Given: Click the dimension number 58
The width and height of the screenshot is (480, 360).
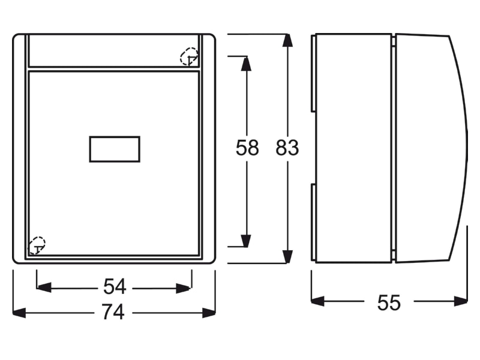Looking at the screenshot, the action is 247,148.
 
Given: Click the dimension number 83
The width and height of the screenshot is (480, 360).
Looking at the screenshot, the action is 287,148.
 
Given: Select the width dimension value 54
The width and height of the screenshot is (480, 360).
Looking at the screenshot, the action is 115,287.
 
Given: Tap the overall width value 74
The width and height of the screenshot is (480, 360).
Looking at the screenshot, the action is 113,311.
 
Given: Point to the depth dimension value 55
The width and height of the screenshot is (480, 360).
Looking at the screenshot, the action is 389,302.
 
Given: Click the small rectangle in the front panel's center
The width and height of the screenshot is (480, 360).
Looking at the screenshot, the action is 115,149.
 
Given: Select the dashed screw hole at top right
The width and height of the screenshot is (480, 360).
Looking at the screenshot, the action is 189,56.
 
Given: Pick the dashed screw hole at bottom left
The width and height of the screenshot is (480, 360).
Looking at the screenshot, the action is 37,245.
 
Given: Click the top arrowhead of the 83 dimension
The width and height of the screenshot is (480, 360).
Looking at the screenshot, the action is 287,40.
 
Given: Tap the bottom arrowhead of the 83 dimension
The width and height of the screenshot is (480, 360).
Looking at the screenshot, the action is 287,257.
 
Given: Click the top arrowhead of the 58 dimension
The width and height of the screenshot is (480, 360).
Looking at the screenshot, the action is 246,64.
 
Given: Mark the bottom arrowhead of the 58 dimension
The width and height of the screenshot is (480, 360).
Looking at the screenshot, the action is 246,241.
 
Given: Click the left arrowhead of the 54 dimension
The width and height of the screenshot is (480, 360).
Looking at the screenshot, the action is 44,288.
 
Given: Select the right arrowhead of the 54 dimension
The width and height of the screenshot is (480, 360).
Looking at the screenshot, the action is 184,289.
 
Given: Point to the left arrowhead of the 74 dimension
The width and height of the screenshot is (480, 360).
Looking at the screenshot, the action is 19,313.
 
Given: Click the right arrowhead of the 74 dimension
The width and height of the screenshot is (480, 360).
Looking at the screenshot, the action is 209,313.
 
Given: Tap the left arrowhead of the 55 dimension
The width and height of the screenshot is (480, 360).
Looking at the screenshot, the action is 318,301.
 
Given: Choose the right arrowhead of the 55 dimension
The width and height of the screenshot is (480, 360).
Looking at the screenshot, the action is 461,301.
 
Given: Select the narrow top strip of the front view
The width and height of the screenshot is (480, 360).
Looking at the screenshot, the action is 113,50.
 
